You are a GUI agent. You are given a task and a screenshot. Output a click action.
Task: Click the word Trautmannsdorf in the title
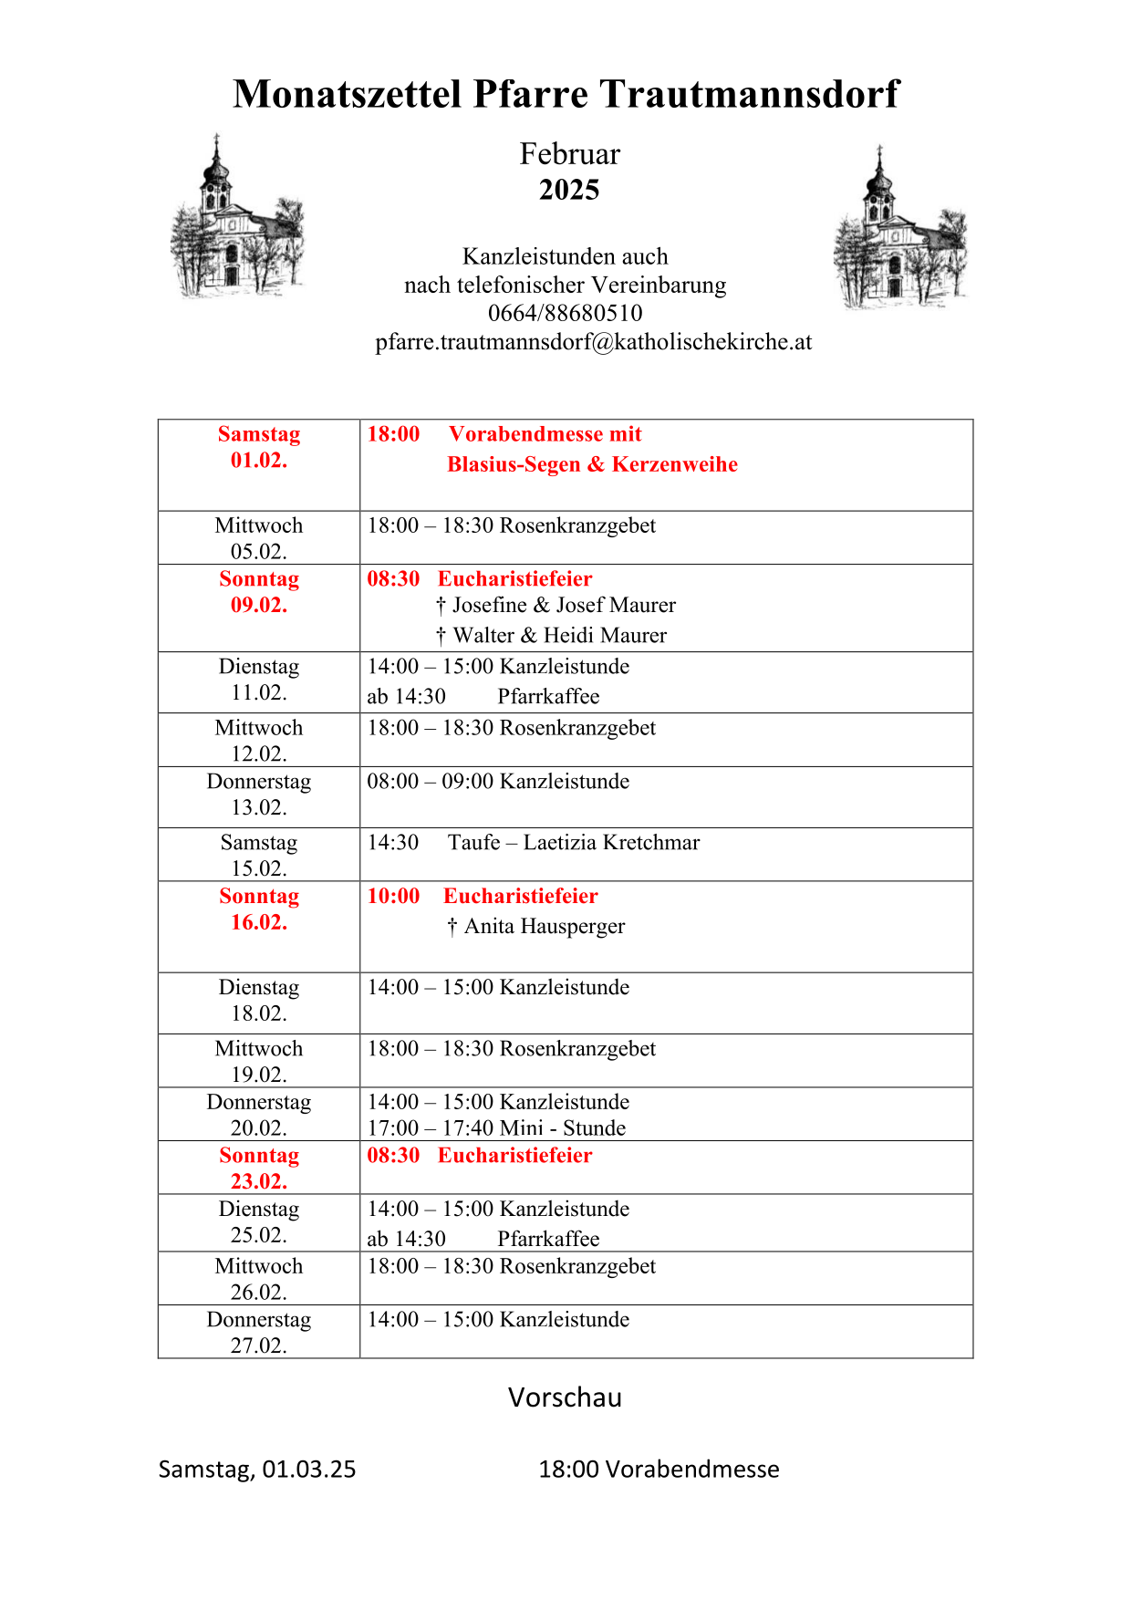pos(749,94)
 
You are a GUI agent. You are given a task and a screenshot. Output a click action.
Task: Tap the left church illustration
pos(236,220)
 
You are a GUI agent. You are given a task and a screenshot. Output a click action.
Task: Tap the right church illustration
pos(899,229)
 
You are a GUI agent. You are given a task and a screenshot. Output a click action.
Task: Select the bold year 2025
pos(569,190)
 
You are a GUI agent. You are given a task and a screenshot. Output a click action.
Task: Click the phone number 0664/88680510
pos(565,313)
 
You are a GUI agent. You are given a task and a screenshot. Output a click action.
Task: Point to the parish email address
pos(593,341)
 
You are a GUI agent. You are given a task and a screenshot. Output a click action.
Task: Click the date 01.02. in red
pos(259,460)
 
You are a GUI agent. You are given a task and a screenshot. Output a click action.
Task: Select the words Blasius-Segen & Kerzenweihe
pos(592,464)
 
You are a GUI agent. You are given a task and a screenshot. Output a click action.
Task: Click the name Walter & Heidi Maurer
pos(559,635)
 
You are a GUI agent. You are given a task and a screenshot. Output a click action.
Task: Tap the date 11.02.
pos(259,692)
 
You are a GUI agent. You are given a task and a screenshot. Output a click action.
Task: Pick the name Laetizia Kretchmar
pos(611,842)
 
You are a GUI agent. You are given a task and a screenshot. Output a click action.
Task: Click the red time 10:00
pos(393,896)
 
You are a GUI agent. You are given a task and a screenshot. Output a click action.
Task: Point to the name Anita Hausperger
pos(545,926)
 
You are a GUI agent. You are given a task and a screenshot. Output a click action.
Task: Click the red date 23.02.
pos(259,1181)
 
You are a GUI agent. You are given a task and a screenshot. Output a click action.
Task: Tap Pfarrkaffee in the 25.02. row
pos(548,1239)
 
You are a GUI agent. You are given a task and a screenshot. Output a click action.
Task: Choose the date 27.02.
pos(259,1345)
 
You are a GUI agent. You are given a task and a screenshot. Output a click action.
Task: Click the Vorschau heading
pos(565,1397)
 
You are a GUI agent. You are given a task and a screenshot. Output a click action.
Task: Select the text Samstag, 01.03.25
pos(257,1470)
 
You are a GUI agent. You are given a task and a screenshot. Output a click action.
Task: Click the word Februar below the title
pos(569,154)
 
